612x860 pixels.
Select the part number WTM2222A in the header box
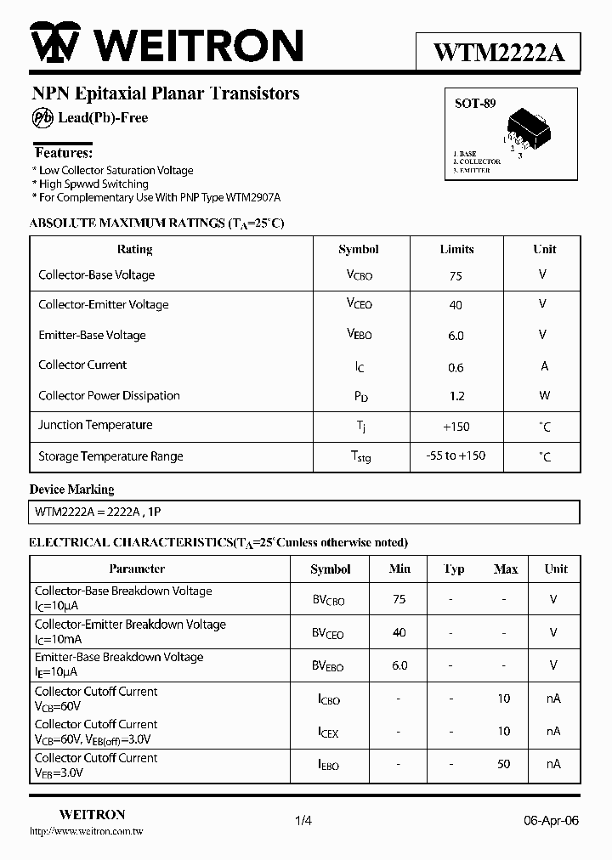pyautogui.click(x=498, y=53)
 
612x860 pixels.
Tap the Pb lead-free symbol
pyautogui.click(x=42, y=118)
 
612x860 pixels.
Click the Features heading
pyautogui.click(x=63, y=153)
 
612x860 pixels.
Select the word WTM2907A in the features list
pyautogui.click(x=253, y=197)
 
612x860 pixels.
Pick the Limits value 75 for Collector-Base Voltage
pyautogui.click(x=456, y=275)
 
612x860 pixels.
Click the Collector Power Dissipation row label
pyautogui.click(x=109, y=395)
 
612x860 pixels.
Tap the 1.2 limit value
pyautogui.click(x=456, y=396)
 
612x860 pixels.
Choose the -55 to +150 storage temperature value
pyautogui.click(x=456, y=455)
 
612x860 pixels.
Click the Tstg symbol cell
pyautogui.click(x=360, y=456)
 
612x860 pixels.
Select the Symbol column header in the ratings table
pyautogui.click(x=358, y=249)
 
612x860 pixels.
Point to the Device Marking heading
pyautogui.click(x=71, y=489)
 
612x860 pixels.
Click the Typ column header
pyautogui.click(x=454, y=569)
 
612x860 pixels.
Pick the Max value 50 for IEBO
pyautogui.click(x=504, y=764)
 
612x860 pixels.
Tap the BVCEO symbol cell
pyautogui.click(x=329, y=633)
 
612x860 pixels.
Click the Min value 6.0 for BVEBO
pyautogui.click(x=399, y=665)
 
